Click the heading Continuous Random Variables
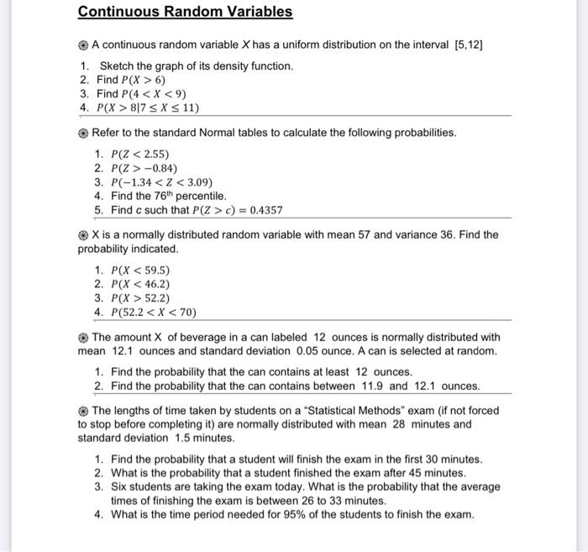click(x=185, y=12)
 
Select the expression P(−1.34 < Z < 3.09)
click(x=162, y=181)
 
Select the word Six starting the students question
click(x=119, y=486)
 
